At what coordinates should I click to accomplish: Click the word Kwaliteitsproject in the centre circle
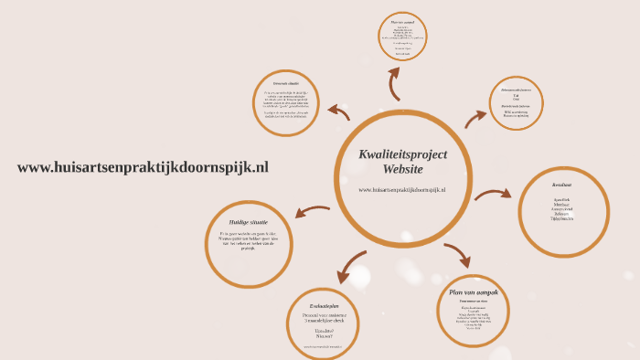403,154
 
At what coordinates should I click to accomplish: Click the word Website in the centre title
403,169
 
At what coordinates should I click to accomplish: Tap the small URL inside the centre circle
402,189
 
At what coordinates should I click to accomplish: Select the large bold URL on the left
143,167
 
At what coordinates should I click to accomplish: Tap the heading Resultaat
561,185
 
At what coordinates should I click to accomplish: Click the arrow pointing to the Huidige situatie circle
313,211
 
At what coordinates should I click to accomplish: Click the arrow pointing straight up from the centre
394,86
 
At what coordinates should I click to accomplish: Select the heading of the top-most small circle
402,22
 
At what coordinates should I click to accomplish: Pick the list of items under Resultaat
561,208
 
